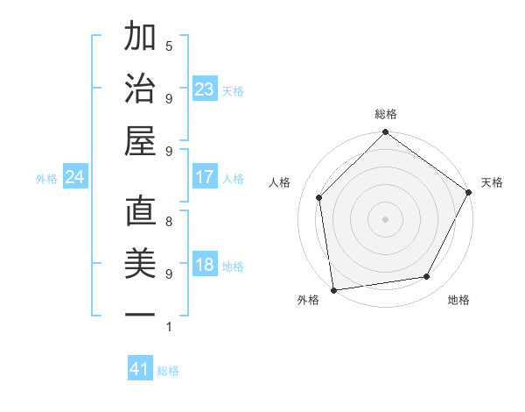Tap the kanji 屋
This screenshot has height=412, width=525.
point(140,140)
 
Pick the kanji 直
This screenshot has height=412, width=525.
point(140,213)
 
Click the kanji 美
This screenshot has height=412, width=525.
point(140,264)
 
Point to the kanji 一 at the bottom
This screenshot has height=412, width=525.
point(140,314)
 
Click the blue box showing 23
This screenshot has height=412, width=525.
point(205,89)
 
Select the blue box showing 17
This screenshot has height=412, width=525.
point(205,177)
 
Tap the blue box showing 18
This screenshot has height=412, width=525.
point(205,266)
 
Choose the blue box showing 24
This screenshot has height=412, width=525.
point(75,177)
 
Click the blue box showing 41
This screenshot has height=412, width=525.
point(140,369)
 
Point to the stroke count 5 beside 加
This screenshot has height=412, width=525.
point(168,46)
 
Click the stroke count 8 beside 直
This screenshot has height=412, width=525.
point(168,222)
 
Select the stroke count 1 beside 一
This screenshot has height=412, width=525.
point(168,328)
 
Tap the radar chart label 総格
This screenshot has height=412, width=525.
point(386,114)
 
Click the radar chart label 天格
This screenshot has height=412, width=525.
point(492,182)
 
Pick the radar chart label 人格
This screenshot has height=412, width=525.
point(280,182)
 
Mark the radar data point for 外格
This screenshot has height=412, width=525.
point(333,290)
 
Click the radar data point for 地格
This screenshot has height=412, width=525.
point(427,277)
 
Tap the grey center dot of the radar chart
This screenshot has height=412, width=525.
point(385,218)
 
